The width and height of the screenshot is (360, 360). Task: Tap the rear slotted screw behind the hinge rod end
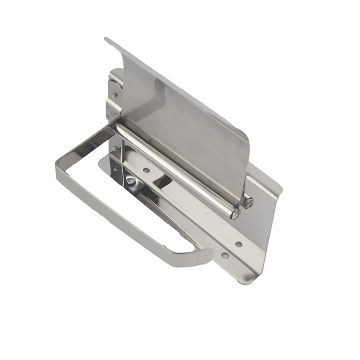pyautogui.click(x=248, y=202)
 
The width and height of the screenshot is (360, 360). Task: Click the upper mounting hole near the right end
pyautogui.click(x=239, y=244)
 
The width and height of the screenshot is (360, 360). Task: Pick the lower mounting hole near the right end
pyautogui.click(x=224, y=256)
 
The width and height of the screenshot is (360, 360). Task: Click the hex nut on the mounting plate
pyautogui.click(x=130, y=181)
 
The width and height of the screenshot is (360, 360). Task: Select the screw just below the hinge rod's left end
pyautogui.click(x=116, y=149)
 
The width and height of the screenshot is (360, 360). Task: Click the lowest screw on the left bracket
pyautogui.click(x=115, y=168)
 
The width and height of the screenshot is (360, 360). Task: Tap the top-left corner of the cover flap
pyautogui.click(x=107, y=39)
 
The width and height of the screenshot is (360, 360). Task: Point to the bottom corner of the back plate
pyautogui.click(x=247, y=280)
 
